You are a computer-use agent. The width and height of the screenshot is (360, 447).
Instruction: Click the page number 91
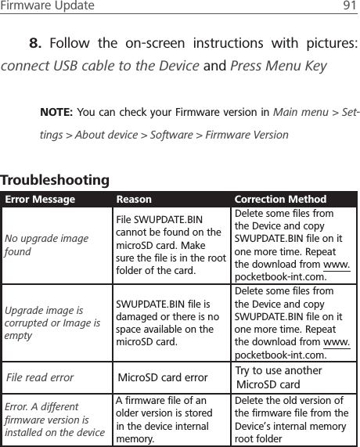point(347,6)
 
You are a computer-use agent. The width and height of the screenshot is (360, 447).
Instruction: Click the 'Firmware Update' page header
point(47,6)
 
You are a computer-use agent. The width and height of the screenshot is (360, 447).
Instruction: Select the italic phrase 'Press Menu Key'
point(278,66)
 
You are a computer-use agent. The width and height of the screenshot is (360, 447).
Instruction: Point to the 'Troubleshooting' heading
point(55,180)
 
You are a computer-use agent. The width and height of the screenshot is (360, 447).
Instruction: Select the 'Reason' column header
point(134,200)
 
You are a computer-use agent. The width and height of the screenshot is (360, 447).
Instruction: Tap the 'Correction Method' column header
point(280,200)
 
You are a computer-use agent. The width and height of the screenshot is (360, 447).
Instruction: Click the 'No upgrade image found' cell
point(47,245)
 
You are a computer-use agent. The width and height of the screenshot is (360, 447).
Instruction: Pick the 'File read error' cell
point(40,377)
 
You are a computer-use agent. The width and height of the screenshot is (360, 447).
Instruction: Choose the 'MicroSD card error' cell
point(163,378)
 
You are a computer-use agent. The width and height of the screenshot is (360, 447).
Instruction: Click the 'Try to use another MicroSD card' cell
point(278,377)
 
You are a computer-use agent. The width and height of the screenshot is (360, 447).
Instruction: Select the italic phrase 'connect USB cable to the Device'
point(100,66)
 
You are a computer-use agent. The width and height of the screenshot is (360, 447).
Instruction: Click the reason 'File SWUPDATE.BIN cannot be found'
point(169,246)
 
